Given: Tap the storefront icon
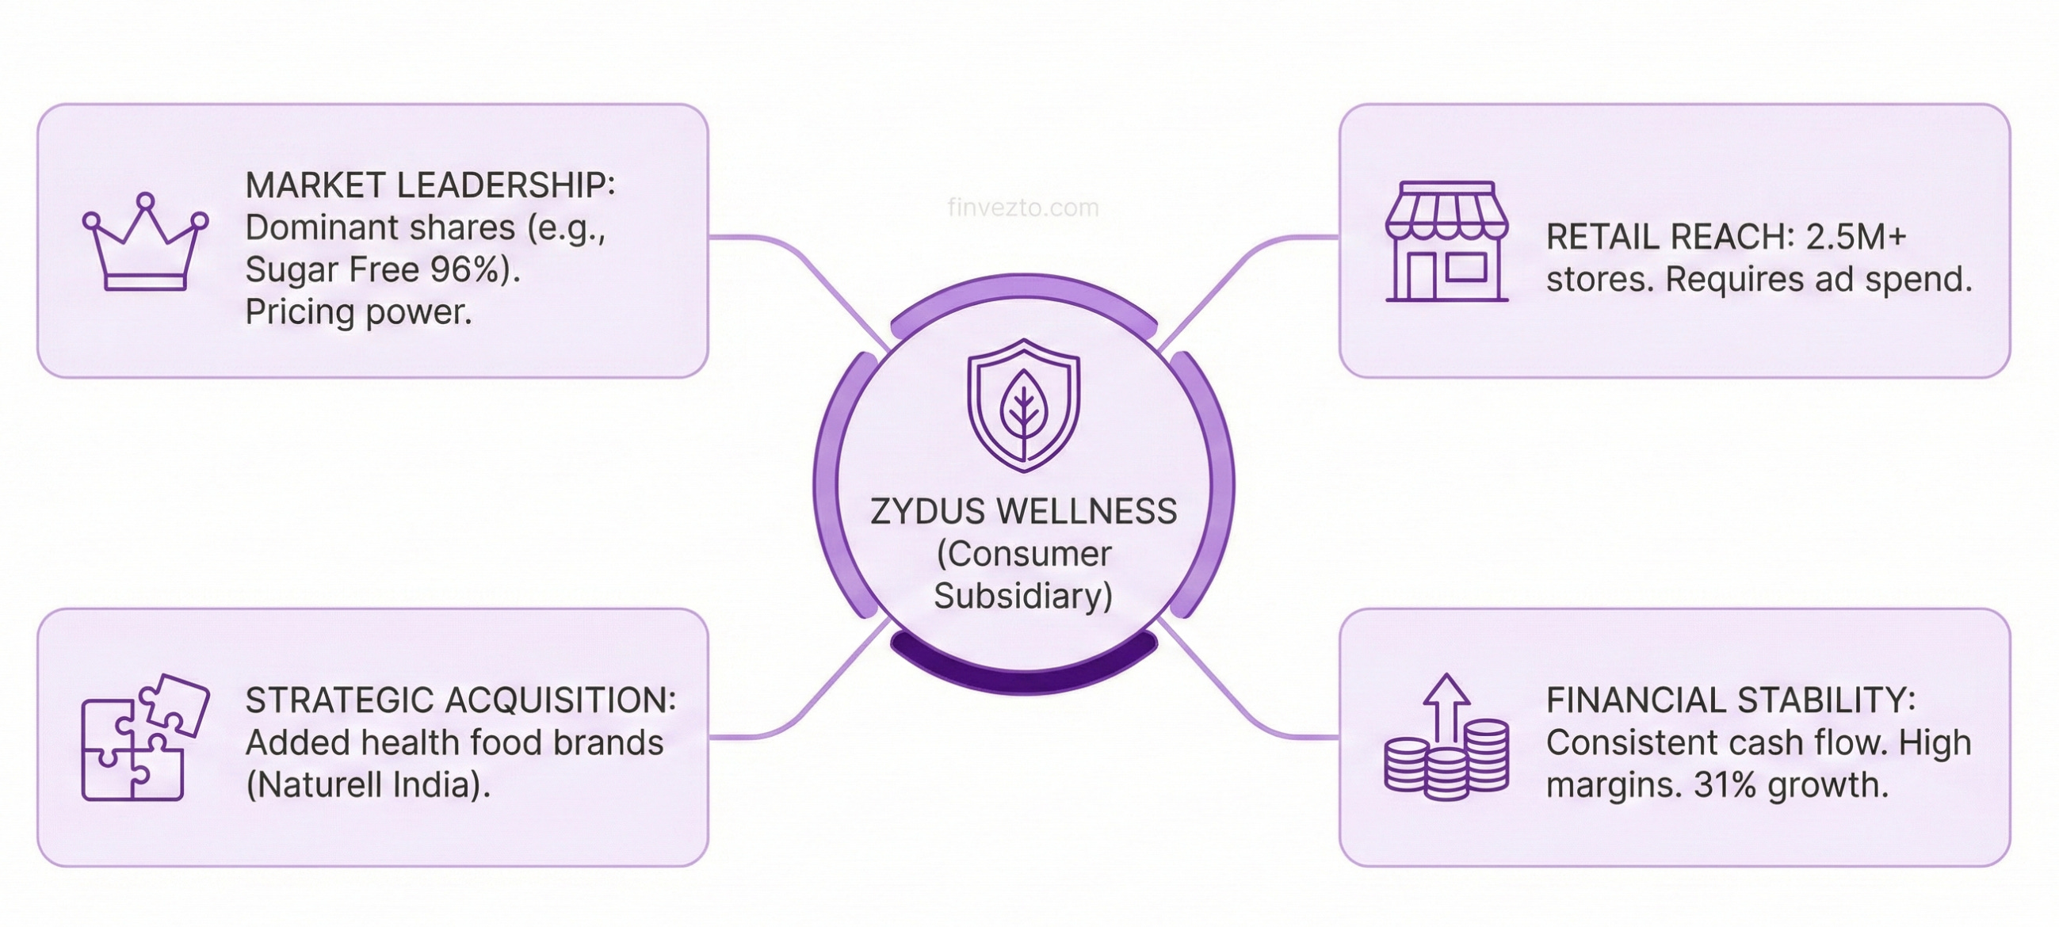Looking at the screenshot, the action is point(1446,242).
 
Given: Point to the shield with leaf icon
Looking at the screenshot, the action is point(1024,405).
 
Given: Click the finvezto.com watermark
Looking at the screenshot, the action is point(1023,208).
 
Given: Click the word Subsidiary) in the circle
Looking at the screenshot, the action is point(1023,596).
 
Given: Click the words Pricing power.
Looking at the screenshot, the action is point(359,312).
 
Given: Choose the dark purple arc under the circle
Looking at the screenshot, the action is point(1024,669).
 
